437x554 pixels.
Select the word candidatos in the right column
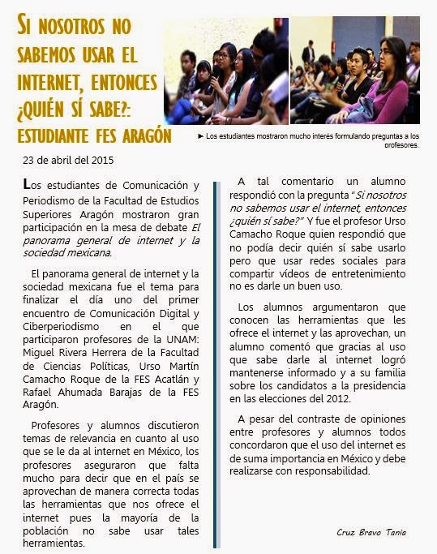point(287,384)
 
